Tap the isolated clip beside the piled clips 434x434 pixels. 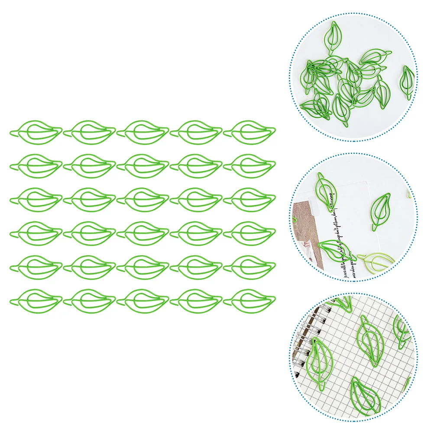[x=407, y=81]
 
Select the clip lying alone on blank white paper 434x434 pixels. [x=381, y=211]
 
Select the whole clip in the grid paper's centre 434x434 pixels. [x=371, y=340]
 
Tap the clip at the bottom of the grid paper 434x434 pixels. [x=365, y=394]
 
